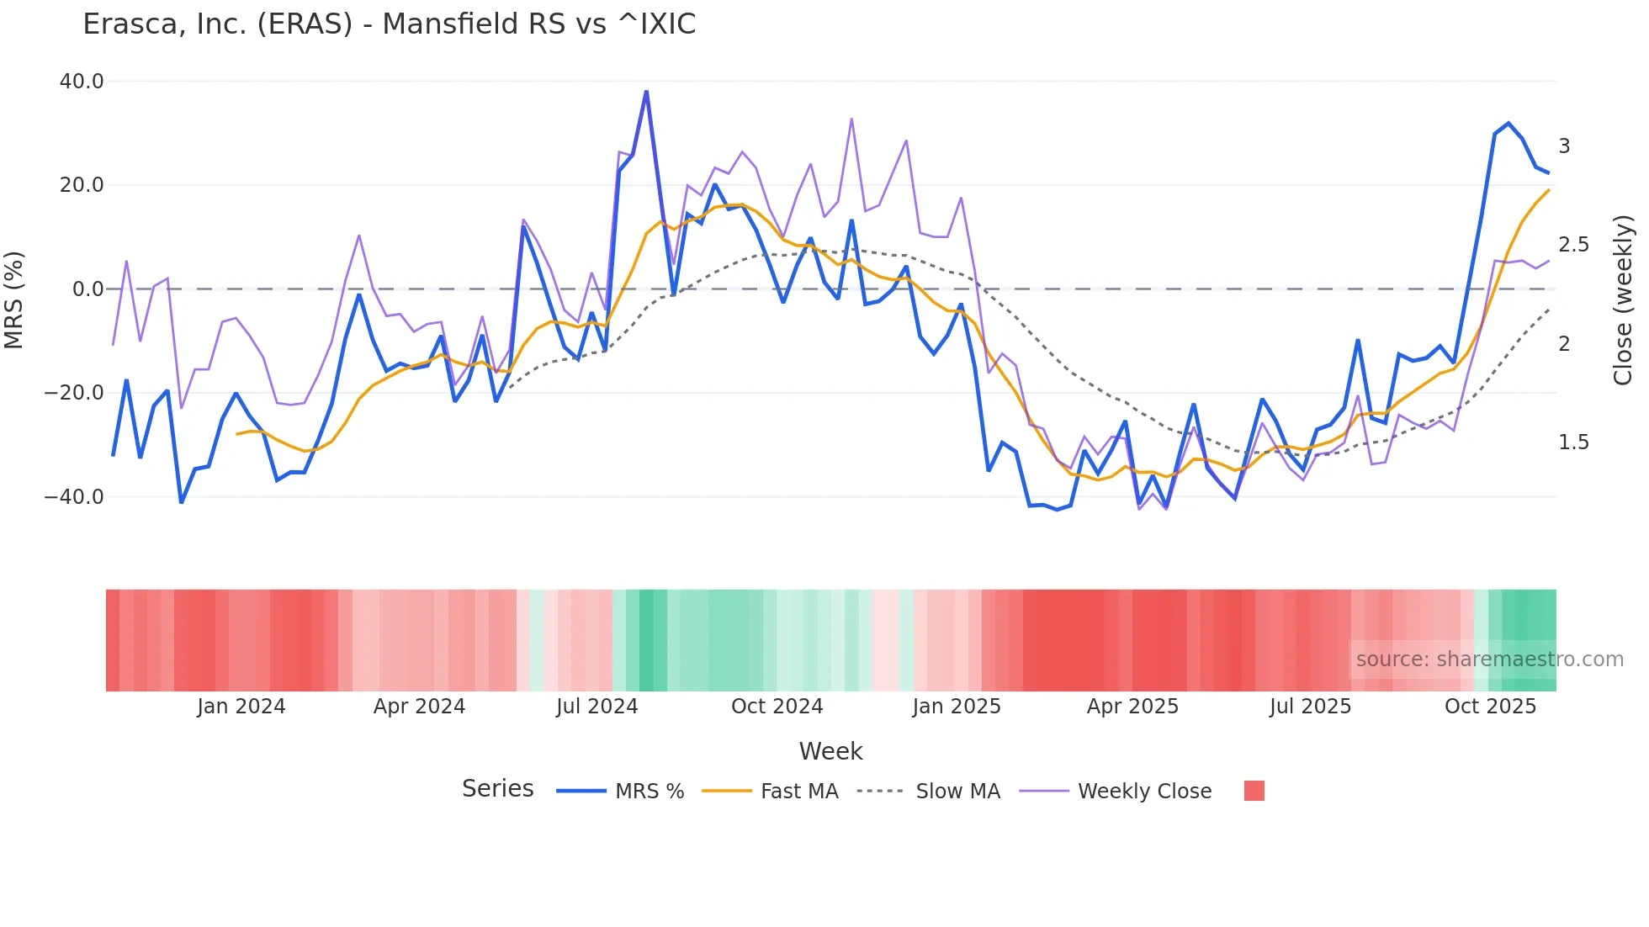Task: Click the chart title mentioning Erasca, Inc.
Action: [x=389, y=24]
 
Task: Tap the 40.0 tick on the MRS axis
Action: [x=82, y=82]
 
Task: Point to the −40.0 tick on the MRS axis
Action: [x=75, y=496]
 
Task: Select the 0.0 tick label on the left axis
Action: [x=88, y=289]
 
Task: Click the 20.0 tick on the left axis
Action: [x=82, y=185]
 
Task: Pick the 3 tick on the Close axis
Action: [x=1564, y=146]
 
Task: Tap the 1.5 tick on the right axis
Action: [x=1573, y=442]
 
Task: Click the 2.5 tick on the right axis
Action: [x=1573, y=245]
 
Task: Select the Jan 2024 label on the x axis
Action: [x=241, y=707]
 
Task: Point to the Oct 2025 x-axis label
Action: [x=1490, y=707]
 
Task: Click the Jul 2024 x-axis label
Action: [x=597, y=707]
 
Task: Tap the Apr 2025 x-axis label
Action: [x=1132, y=707]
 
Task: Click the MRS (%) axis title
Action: [x=14, y=299]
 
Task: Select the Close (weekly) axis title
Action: [x=1623, y=299]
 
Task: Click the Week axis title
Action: [x=830, y=751]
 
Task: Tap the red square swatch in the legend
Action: [x=1254, y=791]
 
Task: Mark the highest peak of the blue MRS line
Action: [x=646, y=92]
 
